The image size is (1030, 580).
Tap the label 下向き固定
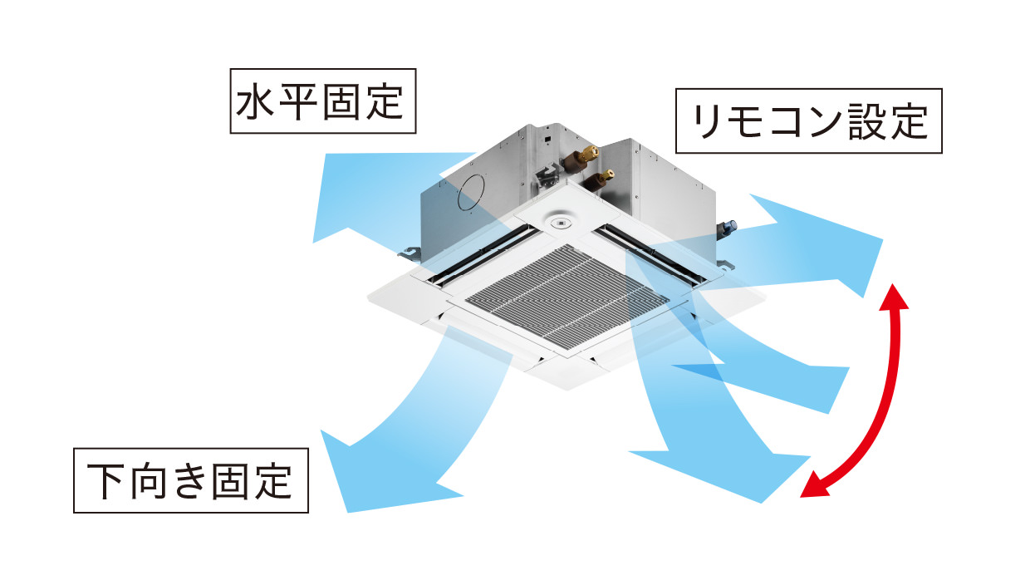pyautogui.click(x=191, y=480)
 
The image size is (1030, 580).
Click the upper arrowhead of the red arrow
pyautogui.click(x=895, y=296)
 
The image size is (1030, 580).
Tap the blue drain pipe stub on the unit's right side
pyautogui.click(x=731, y=227)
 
